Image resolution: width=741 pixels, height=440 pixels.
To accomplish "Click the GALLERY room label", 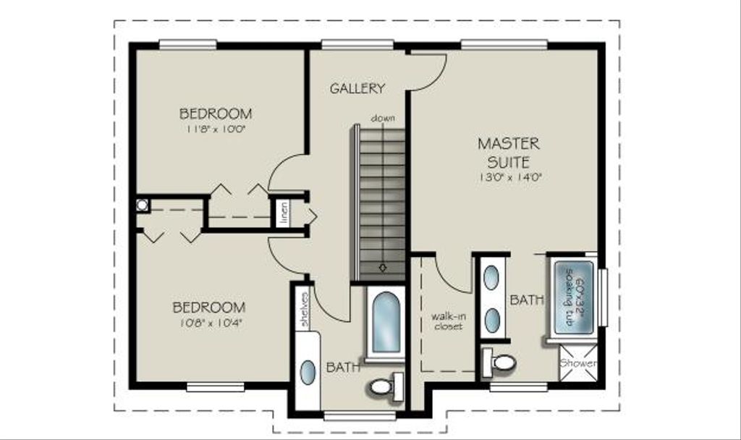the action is (357, 88).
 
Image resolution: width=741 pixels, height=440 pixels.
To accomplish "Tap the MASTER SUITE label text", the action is (509, 153).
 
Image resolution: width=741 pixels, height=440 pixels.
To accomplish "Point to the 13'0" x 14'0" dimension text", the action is (509, 178).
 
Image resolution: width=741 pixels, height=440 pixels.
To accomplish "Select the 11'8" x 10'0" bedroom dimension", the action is (216, 129).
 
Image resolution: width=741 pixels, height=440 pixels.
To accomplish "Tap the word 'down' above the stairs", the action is (383, 118).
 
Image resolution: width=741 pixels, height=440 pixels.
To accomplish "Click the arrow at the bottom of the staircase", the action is (383, 268).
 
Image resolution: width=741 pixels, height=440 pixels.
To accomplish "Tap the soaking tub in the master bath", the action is (574, 297).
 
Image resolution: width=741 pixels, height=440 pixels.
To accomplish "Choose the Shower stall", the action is (578, 363).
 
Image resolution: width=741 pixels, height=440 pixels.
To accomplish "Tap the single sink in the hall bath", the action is (308, 372).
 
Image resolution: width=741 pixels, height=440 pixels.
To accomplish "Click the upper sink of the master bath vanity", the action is (491, 277).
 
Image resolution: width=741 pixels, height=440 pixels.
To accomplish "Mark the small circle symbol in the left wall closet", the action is (143, 205).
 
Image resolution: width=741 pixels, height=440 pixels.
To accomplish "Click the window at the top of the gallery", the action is (357, 44).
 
